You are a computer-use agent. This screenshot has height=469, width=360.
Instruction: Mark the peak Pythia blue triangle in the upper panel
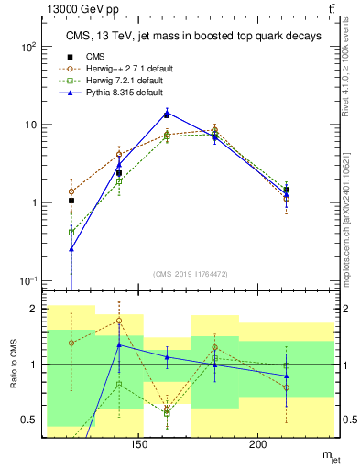coord(167,114)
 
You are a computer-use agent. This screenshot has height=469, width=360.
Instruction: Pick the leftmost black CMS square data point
coord(71,201)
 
